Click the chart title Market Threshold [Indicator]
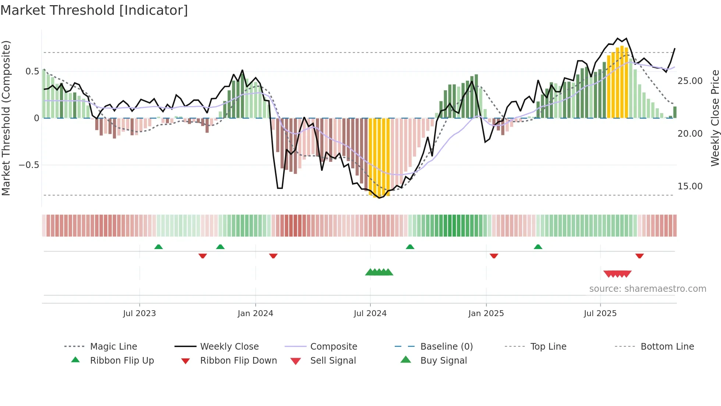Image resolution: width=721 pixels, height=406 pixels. [94, 10]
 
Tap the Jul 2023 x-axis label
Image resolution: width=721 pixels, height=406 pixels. [139, 314]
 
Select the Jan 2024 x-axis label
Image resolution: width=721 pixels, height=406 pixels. [255, 314]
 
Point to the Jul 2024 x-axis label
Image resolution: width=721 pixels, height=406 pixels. [370, 314]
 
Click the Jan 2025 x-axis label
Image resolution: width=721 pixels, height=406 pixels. [486, 314]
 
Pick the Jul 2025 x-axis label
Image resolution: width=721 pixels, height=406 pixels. [600, 314]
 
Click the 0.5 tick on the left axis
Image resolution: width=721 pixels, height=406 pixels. [32, 71]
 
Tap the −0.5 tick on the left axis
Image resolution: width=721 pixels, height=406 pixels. [29, 165]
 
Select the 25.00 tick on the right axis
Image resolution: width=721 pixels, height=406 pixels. [690, 81]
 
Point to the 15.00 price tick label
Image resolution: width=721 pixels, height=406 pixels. [690, 186]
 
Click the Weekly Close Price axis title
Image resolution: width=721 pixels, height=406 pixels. [715, 118]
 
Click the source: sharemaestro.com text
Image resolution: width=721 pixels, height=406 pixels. [647, 289]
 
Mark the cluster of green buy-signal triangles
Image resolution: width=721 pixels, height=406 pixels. [379, 272]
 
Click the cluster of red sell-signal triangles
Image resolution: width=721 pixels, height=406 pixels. [617, 274]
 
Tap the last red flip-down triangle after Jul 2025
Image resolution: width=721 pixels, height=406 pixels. [639, 256]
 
